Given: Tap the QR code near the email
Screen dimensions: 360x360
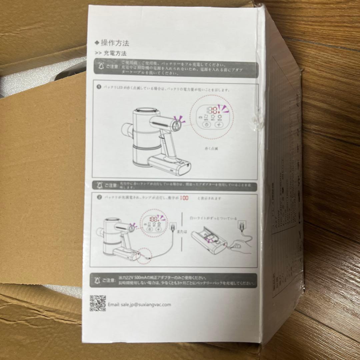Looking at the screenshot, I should click(x=98, y=303).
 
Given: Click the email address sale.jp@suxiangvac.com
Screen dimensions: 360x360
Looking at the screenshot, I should click(x=139, y=304).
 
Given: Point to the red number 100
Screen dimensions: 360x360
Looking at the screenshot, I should click(x=184, y=198).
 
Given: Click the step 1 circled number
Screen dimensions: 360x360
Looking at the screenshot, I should click(x=99, y=87).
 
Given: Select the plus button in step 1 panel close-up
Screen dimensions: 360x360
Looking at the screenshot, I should click(x=219, y=125).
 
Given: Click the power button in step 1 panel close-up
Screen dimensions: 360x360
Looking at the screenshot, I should click(x=205, y=125).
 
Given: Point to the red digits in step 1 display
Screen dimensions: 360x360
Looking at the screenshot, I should click(x=213, y=110).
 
